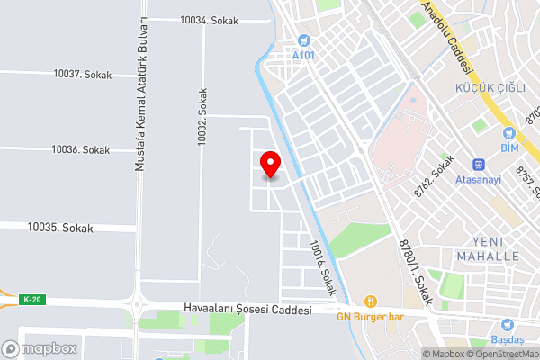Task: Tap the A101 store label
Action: tap(304, 54)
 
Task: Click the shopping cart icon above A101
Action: tap(304, 40)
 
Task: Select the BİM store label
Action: tap(508, 148)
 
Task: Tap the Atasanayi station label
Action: tap(479, 178)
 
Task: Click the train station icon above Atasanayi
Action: tap(479, 164)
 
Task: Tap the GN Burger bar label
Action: tap(369, 315)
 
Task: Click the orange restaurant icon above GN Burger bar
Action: tap(369, 301)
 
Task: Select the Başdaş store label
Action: tap(507, 340)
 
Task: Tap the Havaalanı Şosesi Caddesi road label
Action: tap(247, 309)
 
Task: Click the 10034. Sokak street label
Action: tap(209, 20)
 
